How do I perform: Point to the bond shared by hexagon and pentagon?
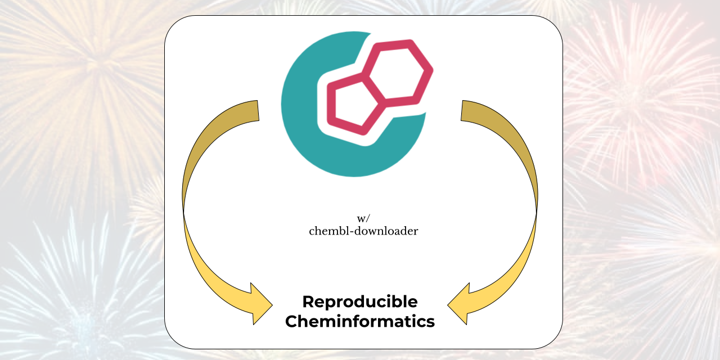(374, 88)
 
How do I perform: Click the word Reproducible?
(360, 302)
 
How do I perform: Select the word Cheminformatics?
(360, 322)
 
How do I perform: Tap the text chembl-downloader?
(363, 231)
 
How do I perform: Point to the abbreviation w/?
(363, 219)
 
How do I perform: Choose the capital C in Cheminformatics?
(291, 322)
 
